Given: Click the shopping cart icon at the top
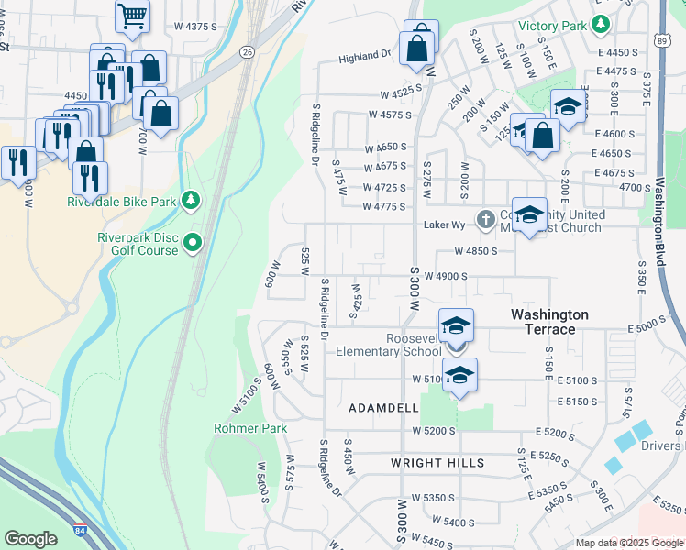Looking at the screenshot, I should (133, 16).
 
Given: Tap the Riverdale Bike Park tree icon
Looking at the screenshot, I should (191, 199).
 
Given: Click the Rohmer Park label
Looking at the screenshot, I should (250, 428).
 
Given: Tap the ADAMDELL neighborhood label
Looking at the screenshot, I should (383, 407).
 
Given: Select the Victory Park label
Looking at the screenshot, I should (552, 27).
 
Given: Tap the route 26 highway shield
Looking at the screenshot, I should (248, 53).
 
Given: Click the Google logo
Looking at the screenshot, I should (30, 539).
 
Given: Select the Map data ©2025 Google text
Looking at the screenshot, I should (629, 543).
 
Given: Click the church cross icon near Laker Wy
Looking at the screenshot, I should (486, 219).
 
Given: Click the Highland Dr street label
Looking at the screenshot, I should (364, 57).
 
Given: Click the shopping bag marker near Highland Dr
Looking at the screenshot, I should (417, 48).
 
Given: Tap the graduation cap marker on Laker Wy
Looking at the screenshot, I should (529, 214).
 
